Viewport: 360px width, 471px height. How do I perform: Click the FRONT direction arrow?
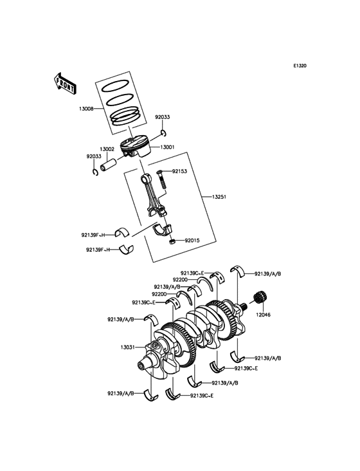coord(65,84)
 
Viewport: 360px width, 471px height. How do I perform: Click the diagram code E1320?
coord(300,66)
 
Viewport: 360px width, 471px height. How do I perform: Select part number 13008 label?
coord(86,109)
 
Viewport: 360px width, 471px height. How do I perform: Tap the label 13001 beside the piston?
coord(167,147)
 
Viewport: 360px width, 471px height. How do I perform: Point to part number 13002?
coord(107,149)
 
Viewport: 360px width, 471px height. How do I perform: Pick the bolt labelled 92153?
coord(161,179)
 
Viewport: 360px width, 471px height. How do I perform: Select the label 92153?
coord(179,171)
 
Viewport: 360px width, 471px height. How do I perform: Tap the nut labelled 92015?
coord(172,241)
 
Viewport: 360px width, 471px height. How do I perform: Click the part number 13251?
coord(219,197)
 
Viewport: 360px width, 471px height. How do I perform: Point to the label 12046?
coord(263,315)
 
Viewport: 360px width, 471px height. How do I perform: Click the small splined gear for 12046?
coord(261,298)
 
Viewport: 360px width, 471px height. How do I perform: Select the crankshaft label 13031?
coord(128,347)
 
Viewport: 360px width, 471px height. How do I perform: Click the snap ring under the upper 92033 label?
coord(163,133)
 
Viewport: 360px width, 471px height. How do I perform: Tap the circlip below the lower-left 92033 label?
coord(95,172)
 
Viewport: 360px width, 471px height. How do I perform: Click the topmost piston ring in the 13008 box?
coord(115,86)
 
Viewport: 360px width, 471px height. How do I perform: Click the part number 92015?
coord(192,241)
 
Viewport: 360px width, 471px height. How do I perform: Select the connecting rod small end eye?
coord(146,178)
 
